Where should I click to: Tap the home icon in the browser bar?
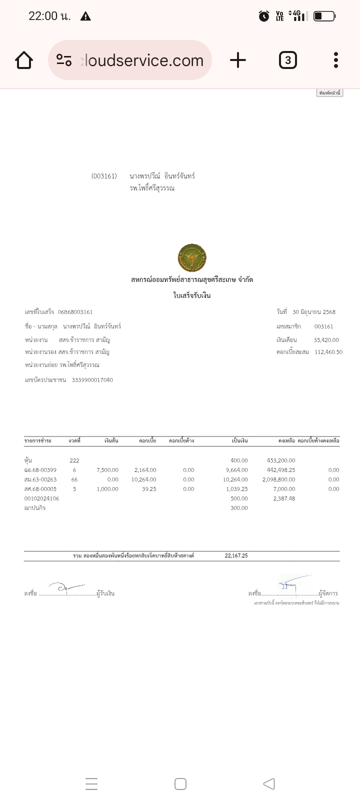(24, 60)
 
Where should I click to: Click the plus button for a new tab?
(238, 60)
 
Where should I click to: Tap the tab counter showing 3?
(287, 60)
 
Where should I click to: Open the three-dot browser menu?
(336, 60)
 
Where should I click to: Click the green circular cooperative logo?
(192, 258)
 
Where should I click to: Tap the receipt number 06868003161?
(75, 312)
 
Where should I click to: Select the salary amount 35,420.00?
(326, 340)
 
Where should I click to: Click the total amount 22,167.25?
(236, 555)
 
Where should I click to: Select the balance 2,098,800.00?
(278, 479)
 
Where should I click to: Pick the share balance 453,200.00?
(281, 460)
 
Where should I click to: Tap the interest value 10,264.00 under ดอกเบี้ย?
(145, 479)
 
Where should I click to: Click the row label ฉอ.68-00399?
(40, 470)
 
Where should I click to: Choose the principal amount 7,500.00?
(107, 470)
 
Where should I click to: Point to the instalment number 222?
(74, 460)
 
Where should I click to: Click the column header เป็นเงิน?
(240, 441)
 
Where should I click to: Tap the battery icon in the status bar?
(324, 16)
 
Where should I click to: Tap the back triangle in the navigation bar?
(269, 783)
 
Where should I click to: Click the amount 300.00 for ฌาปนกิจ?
(239, 508)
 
